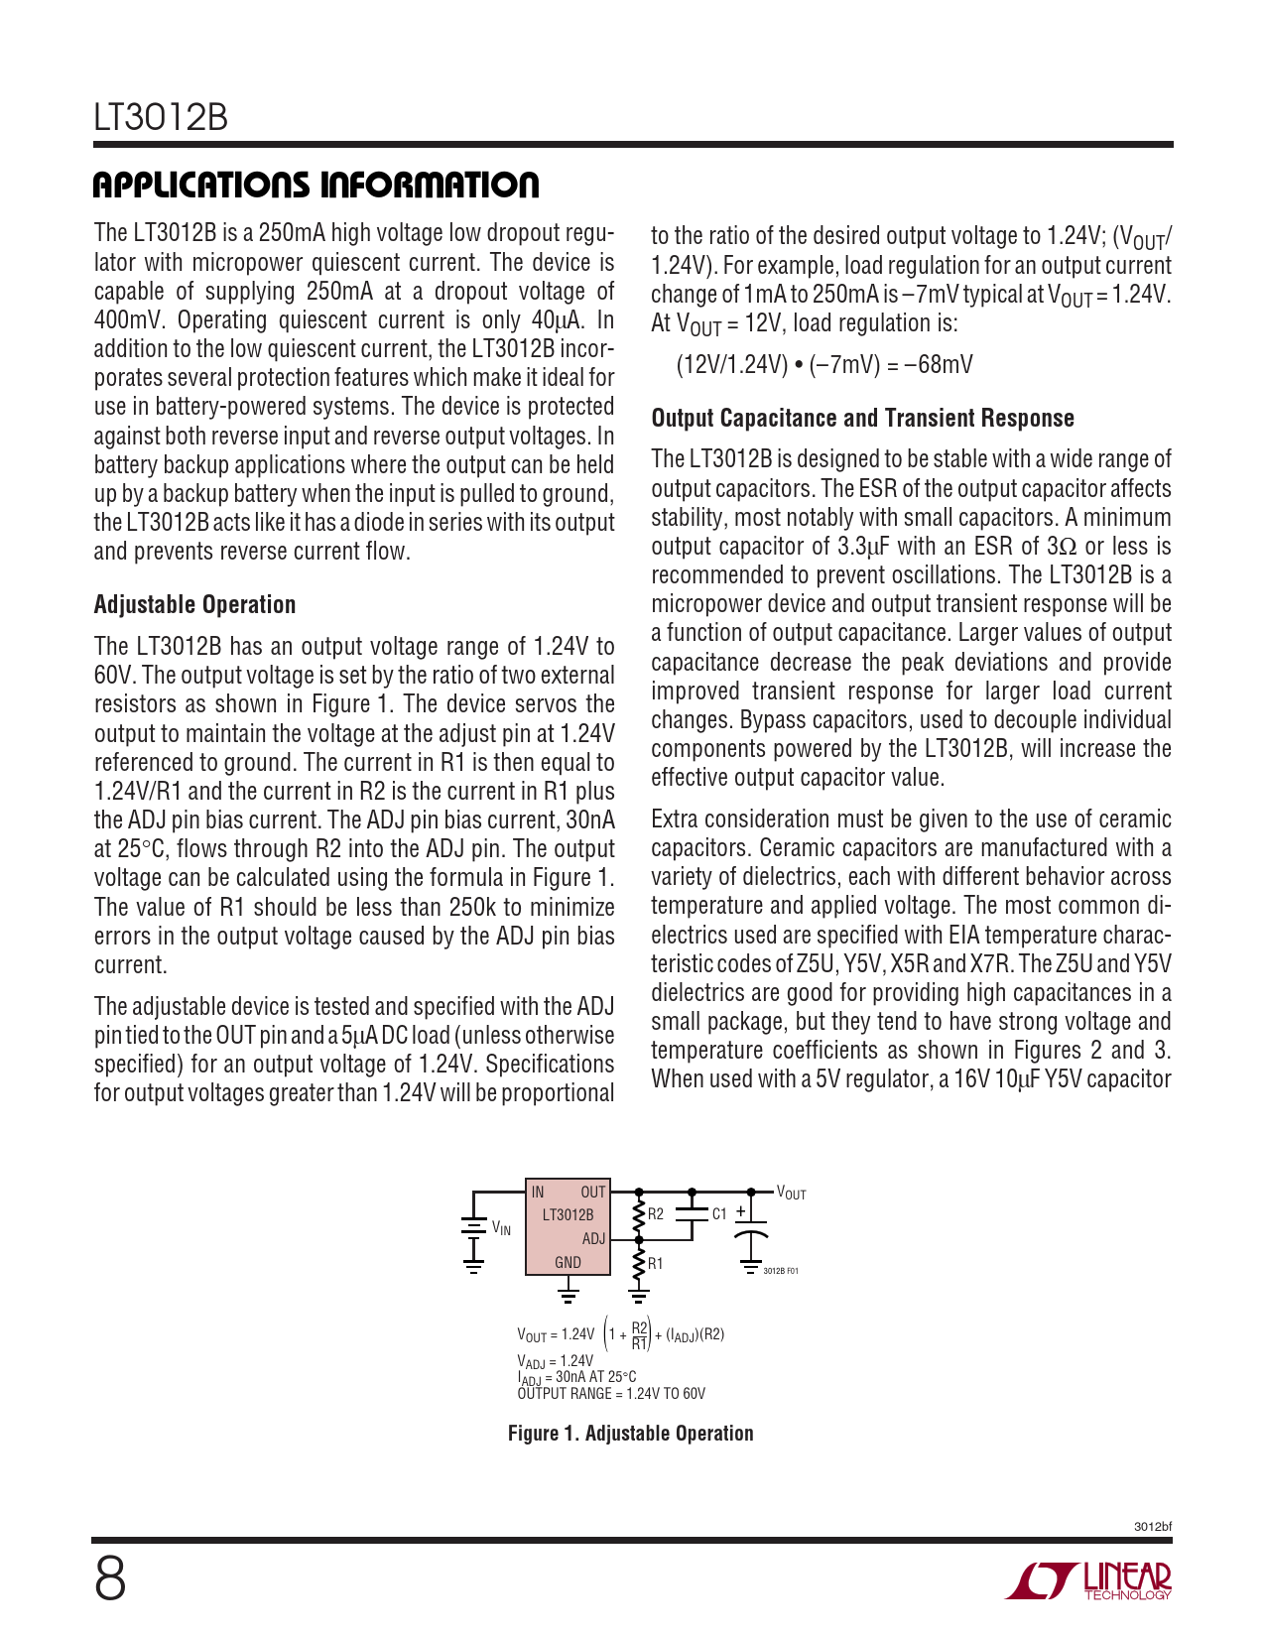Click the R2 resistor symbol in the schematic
pos(640,1215)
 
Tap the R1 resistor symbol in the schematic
pos(640,1264)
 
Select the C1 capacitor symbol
pos(692,1213)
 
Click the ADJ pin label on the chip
pos(593,1239)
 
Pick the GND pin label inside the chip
pos(568,1263)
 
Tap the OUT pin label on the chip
pos(593,1193)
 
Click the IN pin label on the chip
pos(538,1193)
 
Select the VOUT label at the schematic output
pos(791,1194)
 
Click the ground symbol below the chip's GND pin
pos(568,1291)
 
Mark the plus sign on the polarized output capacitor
pos(740,1211)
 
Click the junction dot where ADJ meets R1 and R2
pos(640,1239)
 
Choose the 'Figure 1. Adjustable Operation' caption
pos(630,1434)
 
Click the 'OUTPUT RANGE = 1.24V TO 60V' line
pos(611,1394)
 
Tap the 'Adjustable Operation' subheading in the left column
pos(194,605)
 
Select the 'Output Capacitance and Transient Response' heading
pos(862,419)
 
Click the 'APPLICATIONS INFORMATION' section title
pos(316,186)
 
